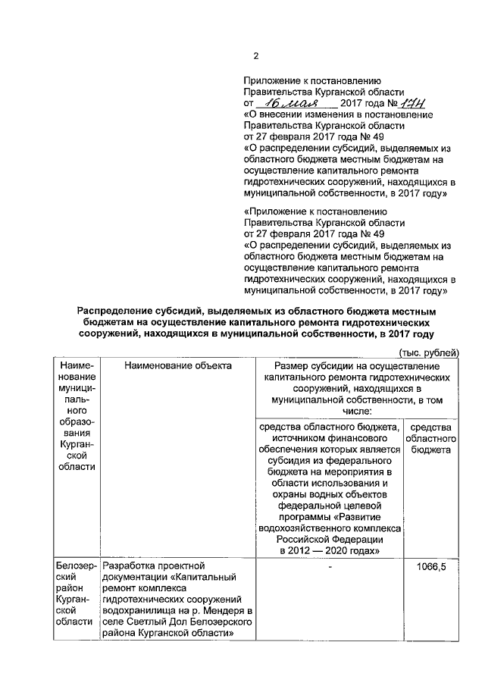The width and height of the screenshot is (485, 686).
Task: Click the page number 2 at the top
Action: [x=255, y=55]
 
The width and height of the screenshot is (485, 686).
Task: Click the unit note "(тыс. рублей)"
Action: [x=429, y=352]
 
